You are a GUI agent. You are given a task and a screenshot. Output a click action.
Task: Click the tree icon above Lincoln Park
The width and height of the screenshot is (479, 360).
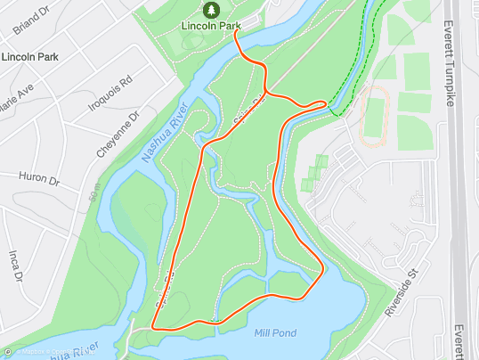point(212,10)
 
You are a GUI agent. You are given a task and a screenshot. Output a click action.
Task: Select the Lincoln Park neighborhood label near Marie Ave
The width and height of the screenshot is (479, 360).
point(29,57)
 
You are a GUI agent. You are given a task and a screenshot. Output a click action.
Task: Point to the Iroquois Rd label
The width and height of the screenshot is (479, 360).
point(114,91)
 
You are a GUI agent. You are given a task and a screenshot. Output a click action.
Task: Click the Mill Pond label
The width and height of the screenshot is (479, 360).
point(275,333)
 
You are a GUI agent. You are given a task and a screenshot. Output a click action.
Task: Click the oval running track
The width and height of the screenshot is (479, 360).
point(376,116)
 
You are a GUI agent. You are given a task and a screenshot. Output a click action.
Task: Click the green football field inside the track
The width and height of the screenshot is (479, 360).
point(376,115)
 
